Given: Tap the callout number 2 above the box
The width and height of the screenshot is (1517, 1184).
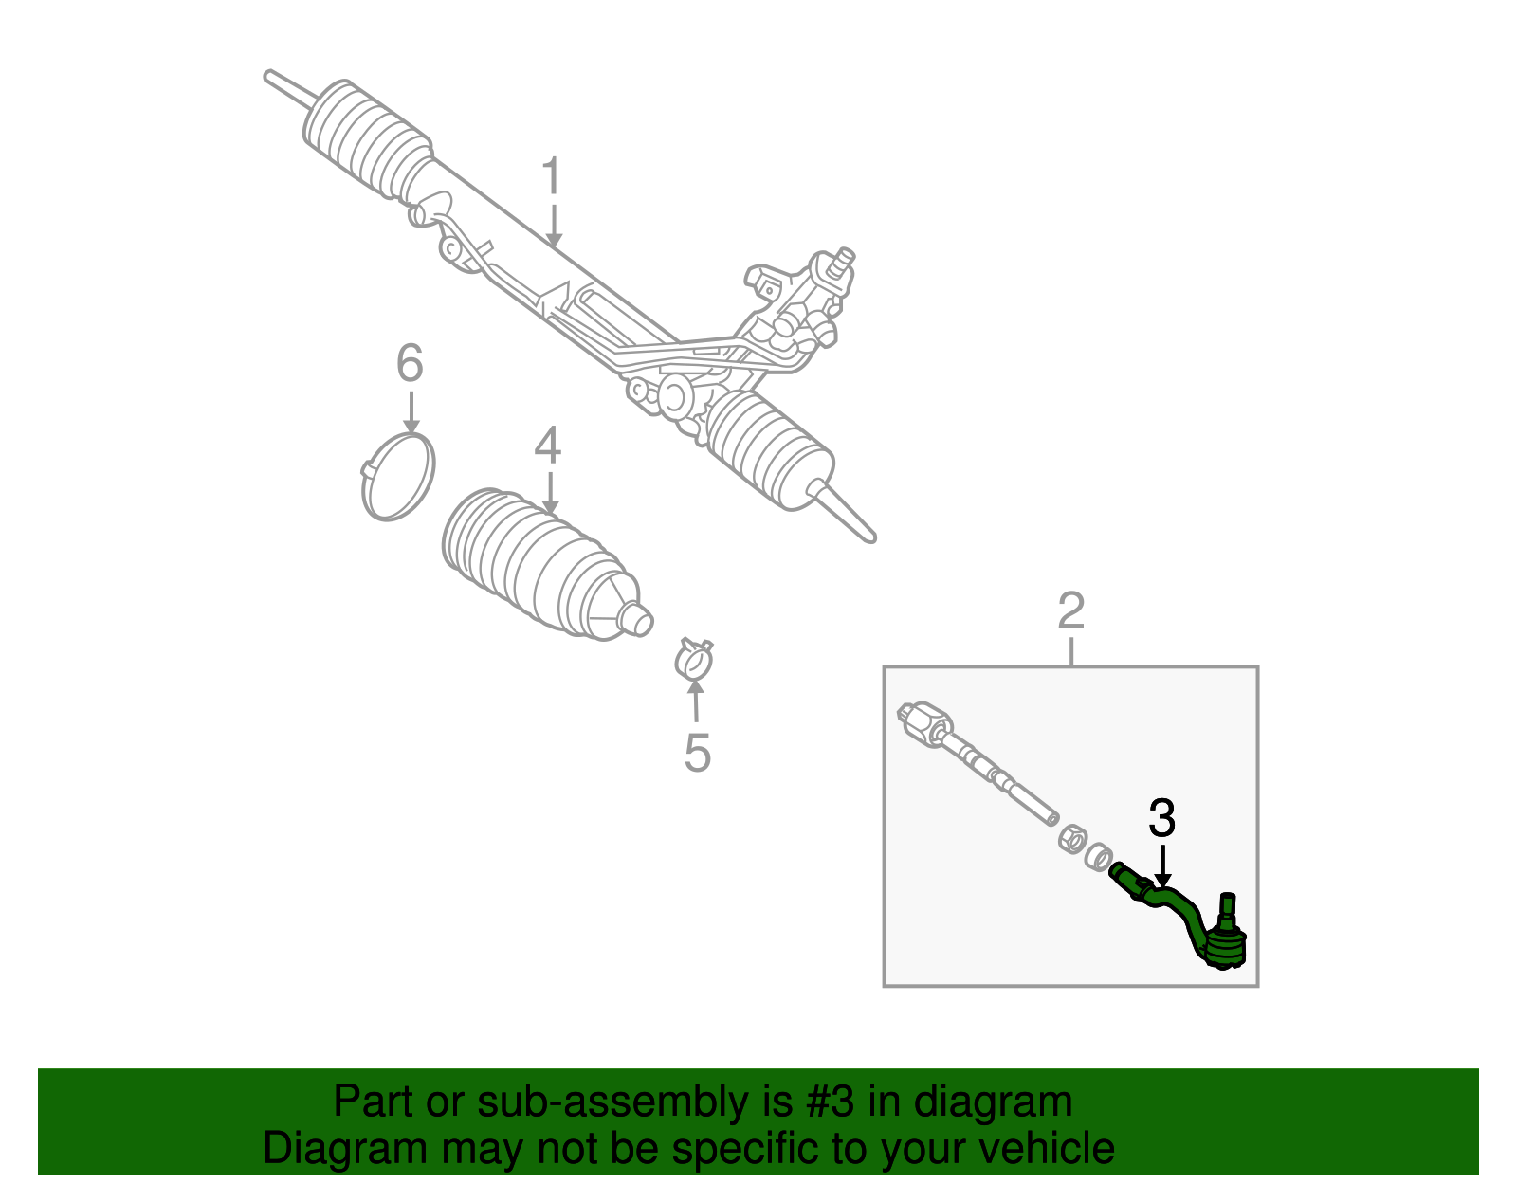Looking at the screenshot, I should pyautogui.click(x=1070, y=611).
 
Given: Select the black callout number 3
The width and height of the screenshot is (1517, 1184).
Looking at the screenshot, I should pyautogui.click(x=1161, y=818).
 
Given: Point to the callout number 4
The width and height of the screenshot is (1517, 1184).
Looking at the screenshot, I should pyautogui.click(x=547, y=446).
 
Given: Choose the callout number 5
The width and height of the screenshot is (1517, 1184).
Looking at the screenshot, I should pyautogui.click(x=697, y=754).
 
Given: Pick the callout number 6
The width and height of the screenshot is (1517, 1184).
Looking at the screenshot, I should pyautogui.click(x=409, y=363).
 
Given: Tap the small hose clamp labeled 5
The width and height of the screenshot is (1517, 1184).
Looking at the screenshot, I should pyautogui.click(x=694, y=659).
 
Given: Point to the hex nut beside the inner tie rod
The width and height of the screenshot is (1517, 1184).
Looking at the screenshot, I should pyautogui.click(x=1071, y=838).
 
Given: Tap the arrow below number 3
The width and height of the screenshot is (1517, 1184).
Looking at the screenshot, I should pyautogui.click(x=1161, y=865).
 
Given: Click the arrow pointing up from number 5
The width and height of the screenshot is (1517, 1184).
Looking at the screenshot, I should pyautogui.click(x=696, y=703).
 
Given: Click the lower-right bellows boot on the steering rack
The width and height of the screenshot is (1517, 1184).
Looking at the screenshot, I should pyautogui.click(x=768, y=447).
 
